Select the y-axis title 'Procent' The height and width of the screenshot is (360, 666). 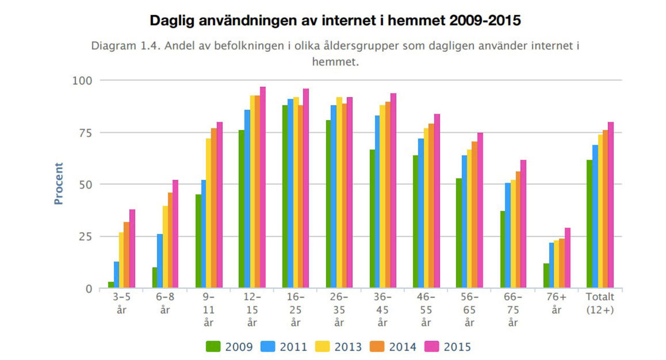click(59, 184)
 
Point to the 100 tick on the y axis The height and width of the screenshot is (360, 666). click(81, 81)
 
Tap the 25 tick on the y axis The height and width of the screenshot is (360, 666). click(84, 237)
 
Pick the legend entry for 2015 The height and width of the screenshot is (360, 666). click(448, 346)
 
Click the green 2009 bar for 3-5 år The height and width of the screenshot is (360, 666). click(111, 285)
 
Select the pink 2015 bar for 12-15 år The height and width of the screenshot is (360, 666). click(263, 187)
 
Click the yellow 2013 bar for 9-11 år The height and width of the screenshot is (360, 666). click(209, 213)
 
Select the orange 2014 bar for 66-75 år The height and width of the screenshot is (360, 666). click(518, 229)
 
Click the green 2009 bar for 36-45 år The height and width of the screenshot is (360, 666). click(372, 219)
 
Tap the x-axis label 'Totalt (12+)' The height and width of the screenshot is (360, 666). click(600, 303)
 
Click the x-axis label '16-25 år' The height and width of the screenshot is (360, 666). click(296, 310)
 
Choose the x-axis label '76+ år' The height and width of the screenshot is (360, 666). click(556, 303)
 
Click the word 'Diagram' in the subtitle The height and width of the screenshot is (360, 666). click(112, 46)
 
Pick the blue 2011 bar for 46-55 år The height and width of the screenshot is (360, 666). click(421, 213)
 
